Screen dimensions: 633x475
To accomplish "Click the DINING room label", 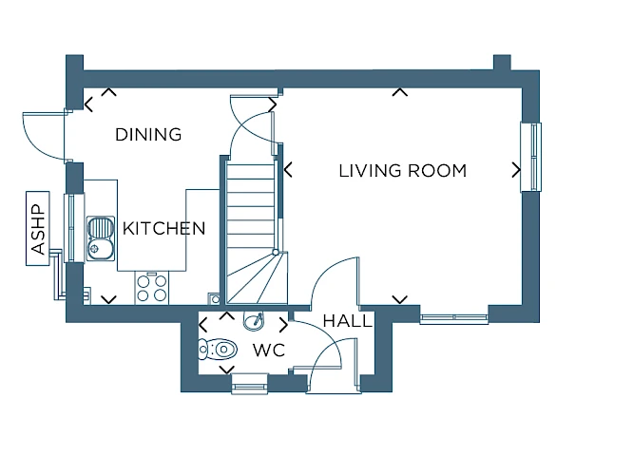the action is (x=148, y=134).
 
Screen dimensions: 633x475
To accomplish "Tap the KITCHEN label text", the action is (x=163, y=228).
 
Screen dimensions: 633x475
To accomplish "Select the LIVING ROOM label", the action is (x=402, y=171).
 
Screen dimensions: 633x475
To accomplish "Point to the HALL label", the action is (x=347, y=321).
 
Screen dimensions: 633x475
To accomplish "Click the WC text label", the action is (x=269, y=350).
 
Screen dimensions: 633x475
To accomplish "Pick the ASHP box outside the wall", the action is (x=38, y=228).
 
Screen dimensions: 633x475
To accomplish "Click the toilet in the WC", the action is (x=218, y=349).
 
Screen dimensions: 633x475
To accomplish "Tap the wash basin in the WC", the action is (x=254, y=321).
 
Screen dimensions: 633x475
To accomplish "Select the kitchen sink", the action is (x=101, y=238).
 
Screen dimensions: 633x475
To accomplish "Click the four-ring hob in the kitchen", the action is (x=151, y=288).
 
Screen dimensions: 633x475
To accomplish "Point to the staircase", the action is (x=255, y=230).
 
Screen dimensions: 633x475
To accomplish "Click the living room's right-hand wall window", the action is (x=530, y=157).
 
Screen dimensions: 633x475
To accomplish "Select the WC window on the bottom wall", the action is (x=249, y=384).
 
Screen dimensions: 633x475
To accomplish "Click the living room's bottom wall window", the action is (x=454, y=317).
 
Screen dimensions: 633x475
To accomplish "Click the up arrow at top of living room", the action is (x=399, y=92).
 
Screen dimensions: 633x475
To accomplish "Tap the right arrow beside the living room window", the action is (x=516, y=170).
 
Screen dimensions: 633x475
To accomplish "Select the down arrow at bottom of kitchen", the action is (x=108, y=299).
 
